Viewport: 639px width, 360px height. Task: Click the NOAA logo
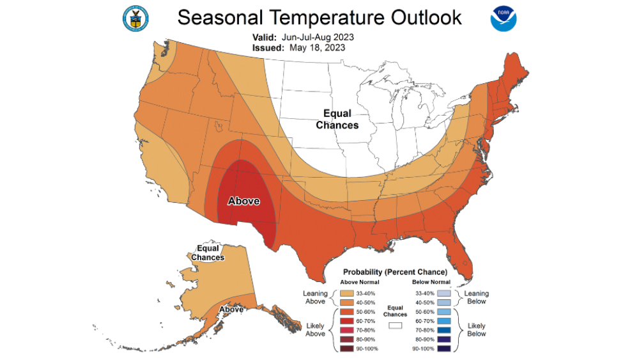click(x=503, y=19)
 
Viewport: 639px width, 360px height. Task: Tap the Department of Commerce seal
click(x=135, y=19)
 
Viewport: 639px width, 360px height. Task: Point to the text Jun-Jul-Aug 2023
click(x=320, y=37)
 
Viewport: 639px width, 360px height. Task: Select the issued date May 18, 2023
click(x=317, y=47)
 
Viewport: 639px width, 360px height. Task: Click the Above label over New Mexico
click(x=243, y=201)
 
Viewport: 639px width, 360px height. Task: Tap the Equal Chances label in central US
click(x=337, y=120)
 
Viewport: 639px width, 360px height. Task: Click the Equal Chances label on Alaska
click(x=210, y=253)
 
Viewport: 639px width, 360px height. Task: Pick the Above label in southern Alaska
click(x=231, y=309)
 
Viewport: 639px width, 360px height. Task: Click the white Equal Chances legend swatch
click(x=395, y=325)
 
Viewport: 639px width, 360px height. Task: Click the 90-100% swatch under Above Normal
click(x=346, y=348)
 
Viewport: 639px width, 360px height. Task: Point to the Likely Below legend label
click(x=476, y=329)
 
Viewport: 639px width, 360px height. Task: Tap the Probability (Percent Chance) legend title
click(x=395, y=272)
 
